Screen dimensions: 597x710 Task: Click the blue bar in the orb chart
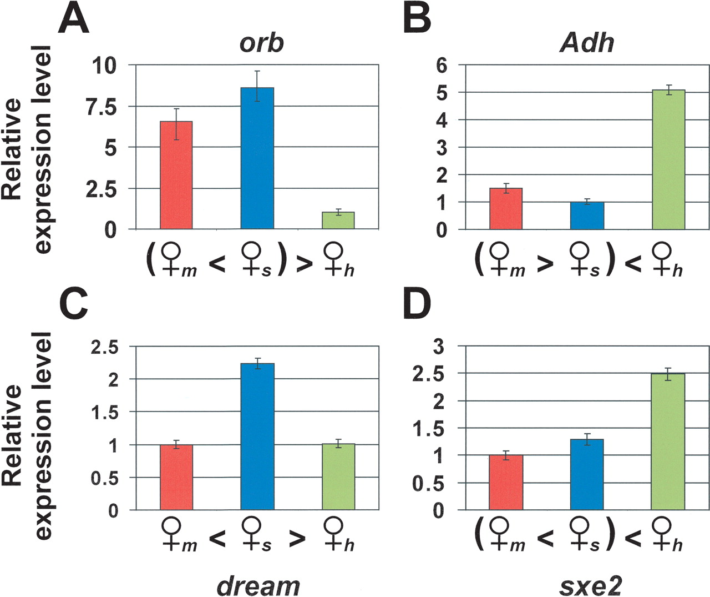(257, 158)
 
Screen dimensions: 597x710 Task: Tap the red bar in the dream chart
(176, 477)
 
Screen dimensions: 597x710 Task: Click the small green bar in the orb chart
(338, 220)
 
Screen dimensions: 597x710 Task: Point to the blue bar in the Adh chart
(587, 216)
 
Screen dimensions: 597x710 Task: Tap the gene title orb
(261, 43)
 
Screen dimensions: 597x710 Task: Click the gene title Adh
(587, 43)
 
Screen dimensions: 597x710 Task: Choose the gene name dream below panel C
(258, 585)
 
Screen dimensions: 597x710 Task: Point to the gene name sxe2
(589, 585)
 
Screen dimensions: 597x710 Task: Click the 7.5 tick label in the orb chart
(102, 107)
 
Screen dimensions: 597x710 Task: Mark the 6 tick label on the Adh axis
(442, 66)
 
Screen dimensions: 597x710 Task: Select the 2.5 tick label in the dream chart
(105, 348)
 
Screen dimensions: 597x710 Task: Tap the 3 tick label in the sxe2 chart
(439, 347)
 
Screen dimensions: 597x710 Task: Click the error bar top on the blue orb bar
(257, 71)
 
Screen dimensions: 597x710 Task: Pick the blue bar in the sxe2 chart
(587, 474)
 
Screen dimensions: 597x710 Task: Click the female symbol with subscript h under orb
(336, 260)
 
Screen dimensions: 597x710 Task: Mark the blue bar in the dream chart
(257, 436)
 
